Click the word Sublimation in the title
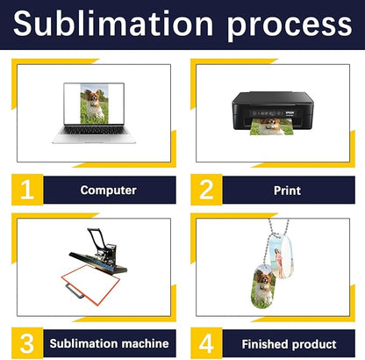point(113,23)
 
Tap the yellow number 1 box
point(27,190)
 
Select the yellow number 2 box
point(206,190)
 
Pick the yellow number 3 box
point(27,343)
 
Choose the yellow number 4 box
point(206,343)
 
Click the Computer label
point(109,191)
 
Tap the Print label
point(287,191)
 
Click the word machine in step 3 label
point(146,343)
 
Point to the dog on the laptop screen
point(94,105)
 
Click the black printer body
point(273,111)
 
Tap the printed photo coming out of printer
point(272,126)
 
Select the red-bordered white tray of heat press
point(90,284)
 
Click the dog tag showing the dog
point(263,286)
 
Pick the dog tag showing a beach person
point(281,256)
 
